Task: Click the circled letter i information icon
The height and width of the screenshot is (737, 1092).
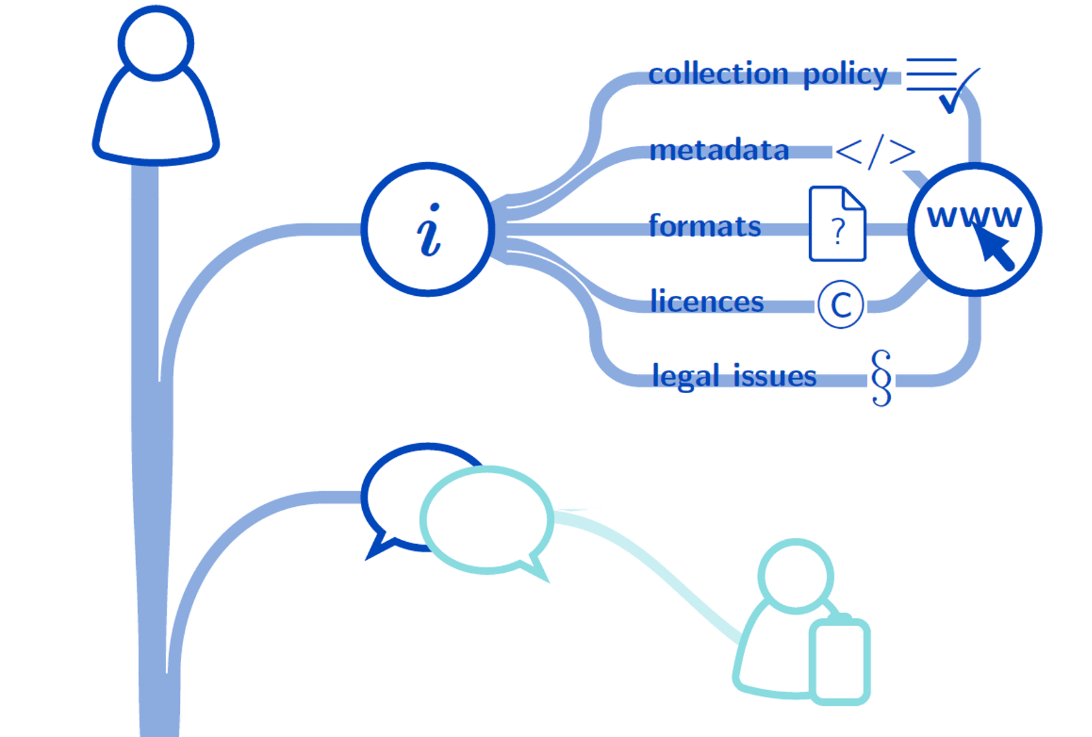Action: point(428,229)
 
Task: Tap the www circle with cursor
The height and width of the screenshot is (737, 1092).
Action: point(974,229)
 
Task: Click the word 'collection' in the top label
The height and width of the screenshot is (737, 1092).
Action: point(718,74)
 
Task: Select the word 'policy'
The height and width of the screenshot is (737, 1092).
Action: point(845,76)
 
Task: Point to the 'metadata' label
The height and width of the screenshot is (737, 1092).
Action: point(719,150)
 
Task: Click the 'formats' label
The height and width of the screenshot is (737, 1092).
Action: point(705,226)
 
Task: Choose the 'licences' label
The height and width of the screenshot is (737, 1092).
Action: point(707,301)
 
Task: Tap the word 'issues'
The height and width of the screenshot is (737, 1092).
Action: point(774,376)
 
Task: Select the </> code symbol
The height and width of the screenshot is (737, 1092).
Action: point(875,152)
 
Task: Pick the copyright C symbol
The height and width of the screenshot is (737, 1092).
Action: point(840,305)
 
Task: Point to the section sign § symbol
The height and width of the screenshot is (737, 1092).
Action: point(881,378)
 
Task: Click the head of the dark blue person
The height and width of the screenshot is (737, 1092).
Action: point(155,43)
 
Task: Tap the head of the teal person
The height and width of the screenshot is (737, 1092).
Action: point(795,576)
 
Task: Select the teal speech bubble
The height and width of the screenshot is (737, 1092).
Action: point(487,519)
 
